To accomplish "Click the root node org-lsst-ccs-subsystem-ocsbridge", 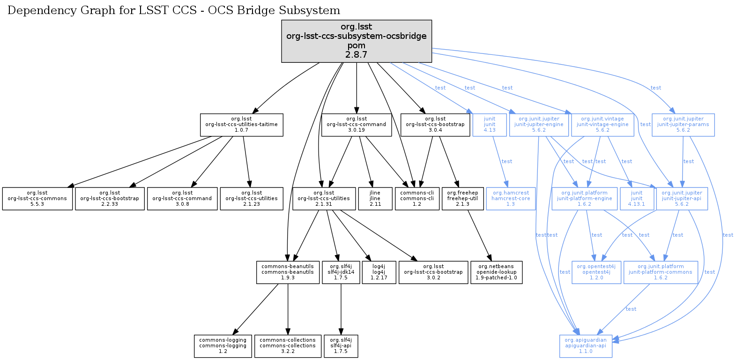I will click(357, 41).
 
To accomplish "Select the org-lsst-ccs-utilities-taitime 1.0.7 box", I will click(241, 125).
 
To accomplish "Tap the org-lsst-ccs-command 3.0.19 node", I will click(357, 125).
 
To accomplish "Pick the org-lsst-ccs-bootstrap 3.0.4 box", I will click(435, 125).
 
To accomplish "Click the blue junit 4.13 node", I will click(490, 125).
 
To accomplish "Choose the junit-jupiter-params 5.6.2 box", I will click(683, 125).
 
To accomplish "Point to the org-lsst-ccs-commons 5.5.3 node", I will click(37, 199).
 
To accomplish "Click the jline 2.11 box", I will click(375, 199).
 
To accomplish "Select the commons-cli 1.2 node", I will click(417, 199).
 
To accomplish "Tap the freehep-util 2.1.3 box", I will click(462, 199).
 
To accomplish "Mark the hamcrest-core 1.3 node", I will click(511, 199).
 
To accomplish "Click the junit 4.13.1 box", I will click(637, 199).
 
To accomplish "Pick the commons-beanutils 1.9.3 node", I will click(288, 272).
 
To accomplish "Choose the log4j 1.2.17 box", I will click(379, 272).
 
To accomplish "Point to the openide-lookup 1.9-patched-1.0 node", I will click(496, 272).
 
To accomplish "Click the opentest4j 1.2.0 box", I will click(596, 272).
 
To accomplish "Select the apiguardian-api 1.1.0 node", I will click(586, 346).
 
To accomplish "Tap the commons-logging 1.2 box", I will click(223, 346).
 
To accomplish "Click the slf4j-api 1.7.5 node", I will click(341, 346).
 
